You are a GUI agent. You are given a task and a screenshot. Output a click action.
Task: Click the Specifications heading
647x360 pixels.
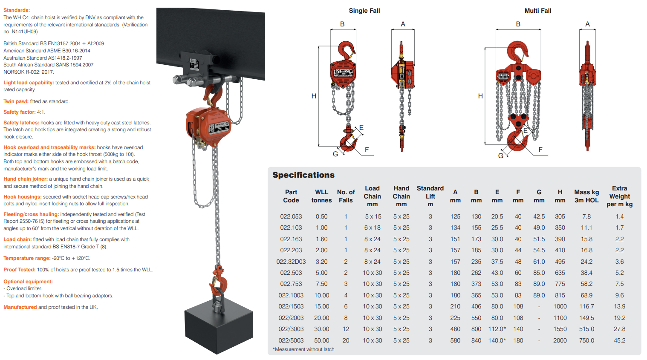303,175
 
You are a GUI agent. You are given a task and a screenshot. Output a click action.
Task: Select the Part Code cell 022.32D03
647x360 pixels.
291,262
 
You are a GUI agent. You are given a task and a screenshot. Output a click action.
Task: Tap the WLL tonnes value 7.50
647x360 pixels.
321,284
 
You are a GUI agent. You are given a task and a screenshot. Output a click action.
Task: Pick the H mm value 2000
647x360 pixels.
560,340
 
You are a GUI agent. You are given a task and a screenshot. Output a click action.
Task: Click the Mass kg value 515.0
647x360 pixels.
586,329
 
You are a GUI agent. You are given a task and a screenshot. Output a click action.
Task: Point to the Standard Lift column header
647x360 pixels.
430,196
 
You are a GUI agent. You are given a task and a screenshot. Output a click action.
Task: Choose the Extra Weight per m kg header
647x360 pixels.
620,196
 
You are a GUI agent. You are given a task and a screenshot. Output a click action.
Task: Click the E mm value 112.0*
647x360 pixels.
497,329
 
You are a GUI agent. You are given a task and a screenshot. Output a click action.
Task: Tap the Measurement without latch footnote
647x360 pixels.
303,349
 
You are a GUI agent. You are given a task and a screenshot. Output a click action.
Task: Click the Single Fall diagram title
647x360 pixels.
364,11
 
